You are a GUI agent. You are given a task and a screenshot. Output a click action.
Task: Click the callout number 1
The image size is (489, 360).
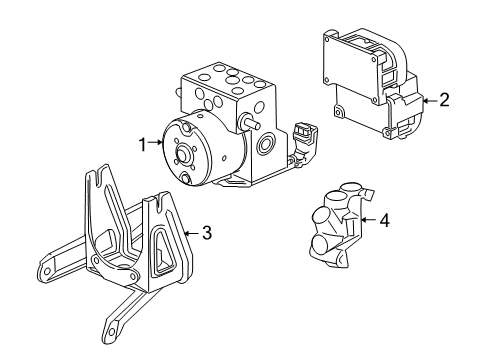tap(142, 144)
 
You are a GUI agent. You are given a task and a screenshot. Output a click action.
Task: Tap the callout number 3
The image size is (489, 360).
tap(206, 234)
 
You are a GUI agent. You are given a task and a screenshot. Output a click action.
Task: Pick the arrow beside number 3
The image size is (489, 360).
tap(191, 234)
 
